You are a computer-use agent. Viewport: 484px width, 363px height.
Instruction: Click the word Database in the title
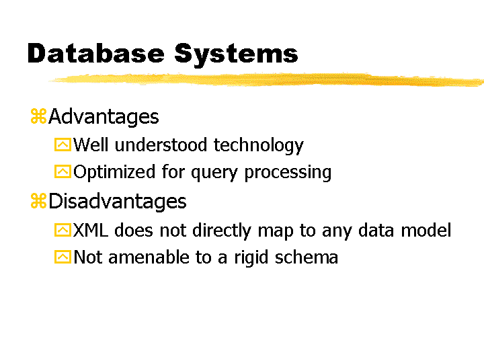pyautogui.click(x=95, y=53)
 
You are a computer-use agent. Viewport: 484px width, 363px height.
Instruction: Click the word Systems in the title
pyautogui.click(x=236, y=55)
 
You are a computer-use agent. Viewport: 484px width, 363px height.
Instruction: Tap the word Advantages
pyautogui.click(x=104, y=118)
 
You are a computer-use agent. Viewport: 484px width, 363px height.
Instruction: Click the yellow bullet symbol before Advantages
pyautogui.click(x=38, y=116)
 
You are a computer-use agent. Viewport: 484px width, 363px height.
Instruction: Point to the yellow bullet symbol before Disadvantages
pyautogui.click(x=38, y=200)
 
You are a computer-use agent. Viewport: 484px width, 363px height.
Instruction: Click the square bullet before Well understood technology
pyautogui.click(x=63, y=145)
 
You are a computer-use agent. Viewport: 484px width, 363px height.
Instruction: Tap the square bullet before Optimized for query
pyautogui.click(x=63, y=171)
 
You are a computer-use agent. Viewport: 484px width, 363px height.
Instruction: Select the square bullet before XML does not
pyautogui.click(x=63, y=230)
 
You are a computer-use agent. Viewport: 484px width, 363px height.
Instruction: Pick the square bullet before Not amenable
pyautogui.click(x=63, y=257)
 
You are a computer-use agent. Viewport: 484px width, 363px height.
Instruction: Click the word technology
pyautogui.click(x=259, y=146)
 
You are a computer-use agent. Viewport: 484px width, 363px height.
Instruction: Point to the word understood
pyautogui.click(x=161, y=145)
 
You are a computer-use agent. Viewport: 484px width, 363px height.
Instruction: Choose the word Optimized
pyautogui.click(x=114, y=173)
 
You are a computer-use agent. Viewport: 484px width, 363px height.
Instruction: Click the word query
pyautogui.click(x=214, y=174)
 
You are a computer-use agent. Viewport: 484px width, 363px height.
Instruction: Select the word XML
pyautogui.click(x=91, y=230)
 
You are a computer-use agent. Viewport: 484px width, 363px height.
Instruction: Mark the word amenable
pyautogui.click(x=149, y=257)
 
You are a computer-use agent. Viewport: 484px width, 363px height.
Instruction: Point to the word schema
pyautogui.click(x=307, y=257)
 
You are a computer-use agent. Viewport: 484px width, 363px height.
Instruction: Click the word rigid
pyautogui.click(x=251, y=257)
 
